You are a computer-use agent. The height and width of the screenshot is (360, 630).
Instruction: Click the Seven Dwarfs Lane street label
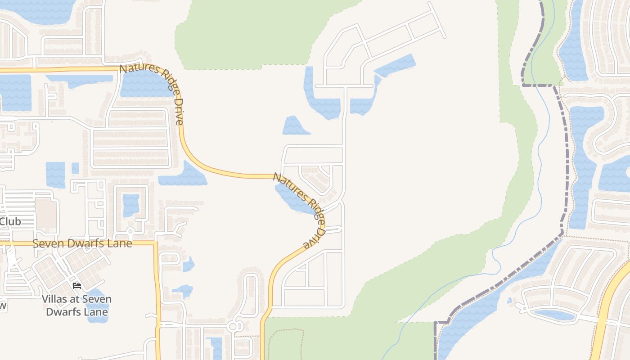(82, 243)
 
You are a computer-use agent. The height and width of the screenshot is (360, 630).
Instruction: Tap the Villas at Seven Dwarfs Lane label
(76, 305)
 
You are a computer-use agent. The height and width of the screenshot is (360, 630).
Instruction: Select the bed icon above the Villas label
(76, 286)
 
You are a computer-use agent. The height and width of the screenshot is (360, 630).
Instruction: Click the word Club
(10, 221)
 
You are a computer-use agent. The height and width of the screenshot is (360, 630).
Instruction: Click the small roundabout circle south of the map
(234, 326)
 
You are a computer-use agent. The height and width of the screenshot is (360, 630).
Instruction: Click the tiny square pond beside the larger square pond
(75, 168)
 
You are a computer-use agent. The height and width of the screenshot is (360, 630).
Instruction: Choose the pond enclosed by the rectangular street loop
(131, 205)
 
